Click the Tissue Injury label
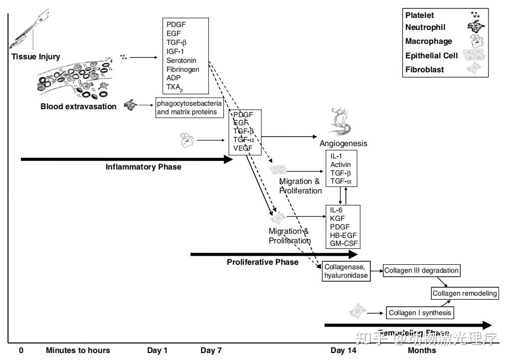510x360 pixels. [35, 57]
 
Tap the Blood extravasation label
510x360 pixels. [78, 106]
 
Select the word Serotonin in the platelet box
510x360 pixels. [180, 60]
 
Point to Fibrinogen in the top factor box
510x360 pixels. [182, 69]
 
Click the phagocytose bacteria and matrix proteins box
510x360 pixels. [189, 108]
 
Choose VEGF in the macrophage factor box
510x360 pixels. [243, 148]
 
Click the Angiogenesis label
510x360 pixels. [343, 144]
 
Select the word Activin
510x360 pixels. [340, 165]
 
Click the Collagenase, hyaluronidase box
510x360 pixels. [346, 271]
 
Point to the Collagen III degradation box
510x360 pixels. [421, 271]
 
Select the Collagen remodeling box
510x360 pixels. [464, 294]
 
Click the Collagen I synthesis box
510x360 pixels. [420, 313]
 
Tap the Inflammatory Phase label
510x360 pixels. [143, 167]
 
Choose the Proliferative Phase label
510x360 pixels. [263, 262]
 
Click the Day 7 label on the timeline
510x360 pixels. [211, 351]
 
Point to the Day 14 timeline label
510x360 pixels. [343, 351]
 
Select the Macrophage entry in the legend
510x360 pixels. [428, 41]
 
